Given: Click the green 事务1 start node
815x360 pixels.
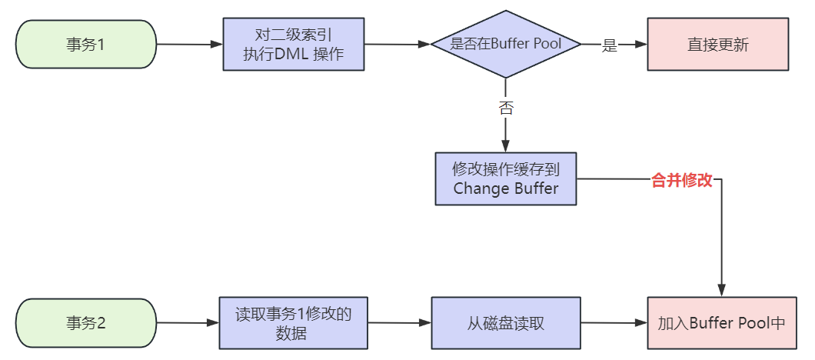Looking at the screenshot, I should (x=85, y=45).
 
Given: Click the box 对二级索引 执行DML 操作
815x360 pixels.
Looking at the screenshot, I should (x=293, y=45).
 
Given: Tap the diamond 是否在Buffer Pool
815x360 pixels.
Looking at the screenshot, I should (x=505, y=45).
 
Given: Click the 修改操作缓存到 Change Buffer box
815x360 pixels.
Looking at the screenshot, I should (x=505, y=178).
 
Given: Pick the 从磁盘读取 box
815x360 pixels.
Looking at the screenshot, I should (x=505, y=323).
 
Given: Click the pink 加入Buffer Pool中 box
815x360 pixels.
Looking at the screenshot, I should (x=720, y=323).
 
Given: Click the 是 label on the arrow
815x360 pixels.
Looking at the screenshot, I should (x=610, y=45).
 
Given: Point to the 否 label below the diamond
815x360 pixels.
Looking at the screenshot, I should (x=505, y=108).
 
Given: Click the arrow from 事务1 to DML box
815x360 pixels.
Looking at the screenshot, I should (x=188, y=45).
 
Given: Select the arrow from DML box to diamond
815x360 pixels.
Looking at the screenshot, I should (x=396, y=45).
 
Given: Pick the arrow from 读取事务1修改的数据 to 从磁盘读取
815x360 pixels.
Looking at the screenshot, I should (x=398, y=323).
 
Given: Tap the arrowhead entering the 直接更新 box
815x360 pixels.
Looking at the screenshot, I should (x=640, y=45).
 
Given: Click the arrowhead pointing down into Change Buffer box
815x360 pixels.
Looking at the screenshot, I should (x=505, y=146).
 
